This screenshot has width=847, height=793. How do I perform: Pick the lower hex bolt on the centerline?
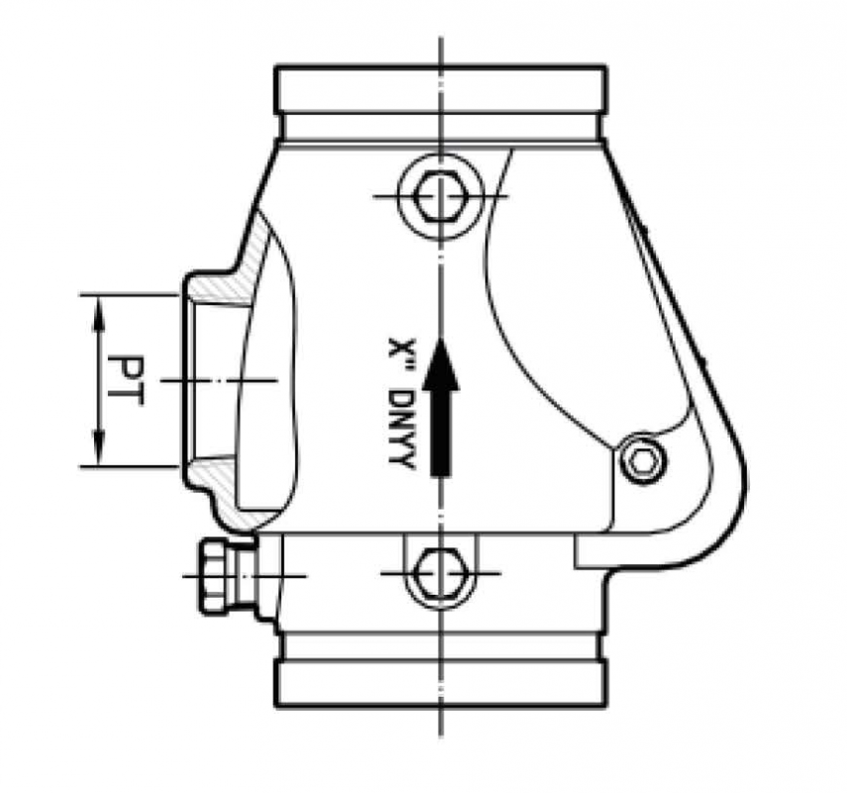(x=440, y=573)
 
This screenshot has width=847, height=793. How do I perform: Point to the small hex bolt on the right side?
(x=641, y=460)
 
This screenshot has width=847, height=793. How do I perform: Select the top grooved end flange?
(x=441, y=89)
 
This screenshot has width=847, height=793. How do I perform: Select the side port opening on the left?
(x=208, y=381)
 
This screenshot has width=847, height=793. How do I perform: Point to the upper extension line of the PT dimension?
(x=129, y=294)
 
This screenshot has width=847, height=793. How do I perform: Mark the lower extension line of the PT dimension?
(x=129, y=466)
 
